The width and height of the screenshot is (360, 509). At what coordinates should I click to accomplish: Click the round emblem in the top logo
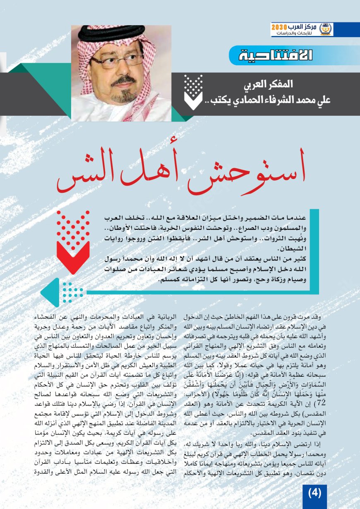326,29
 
